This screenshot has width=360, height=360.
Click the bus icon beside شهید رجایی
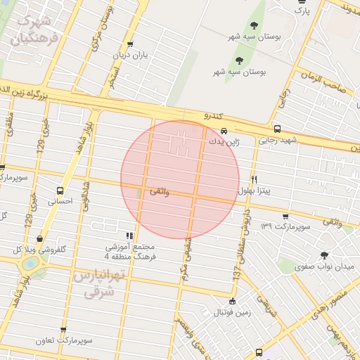pos(277,129)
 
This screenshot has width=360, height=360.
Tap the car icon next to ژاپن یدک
pos(224,131)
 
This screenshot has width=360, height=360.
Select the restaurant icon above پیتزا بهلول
pos(254,179)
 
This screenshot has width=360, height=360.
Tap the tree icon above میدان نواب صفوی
pos(324,255)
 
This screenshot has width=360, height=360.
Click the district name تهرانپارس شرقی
pos(98,283)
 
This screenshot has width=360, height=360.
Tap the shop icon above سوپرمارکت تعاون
pos(64,329)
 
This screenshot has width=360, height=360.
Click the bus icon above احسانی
pos(60,190)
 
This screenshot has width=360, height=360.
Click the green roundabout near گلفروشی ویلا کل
pos(30,264)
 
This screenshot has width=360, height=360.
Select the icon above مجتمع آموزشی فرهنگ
pos(129,236)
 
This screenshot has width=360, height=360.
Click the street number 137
pos(237,274)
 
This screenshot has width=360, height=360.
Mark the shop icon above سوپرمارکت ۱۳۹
pos(285,216)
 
